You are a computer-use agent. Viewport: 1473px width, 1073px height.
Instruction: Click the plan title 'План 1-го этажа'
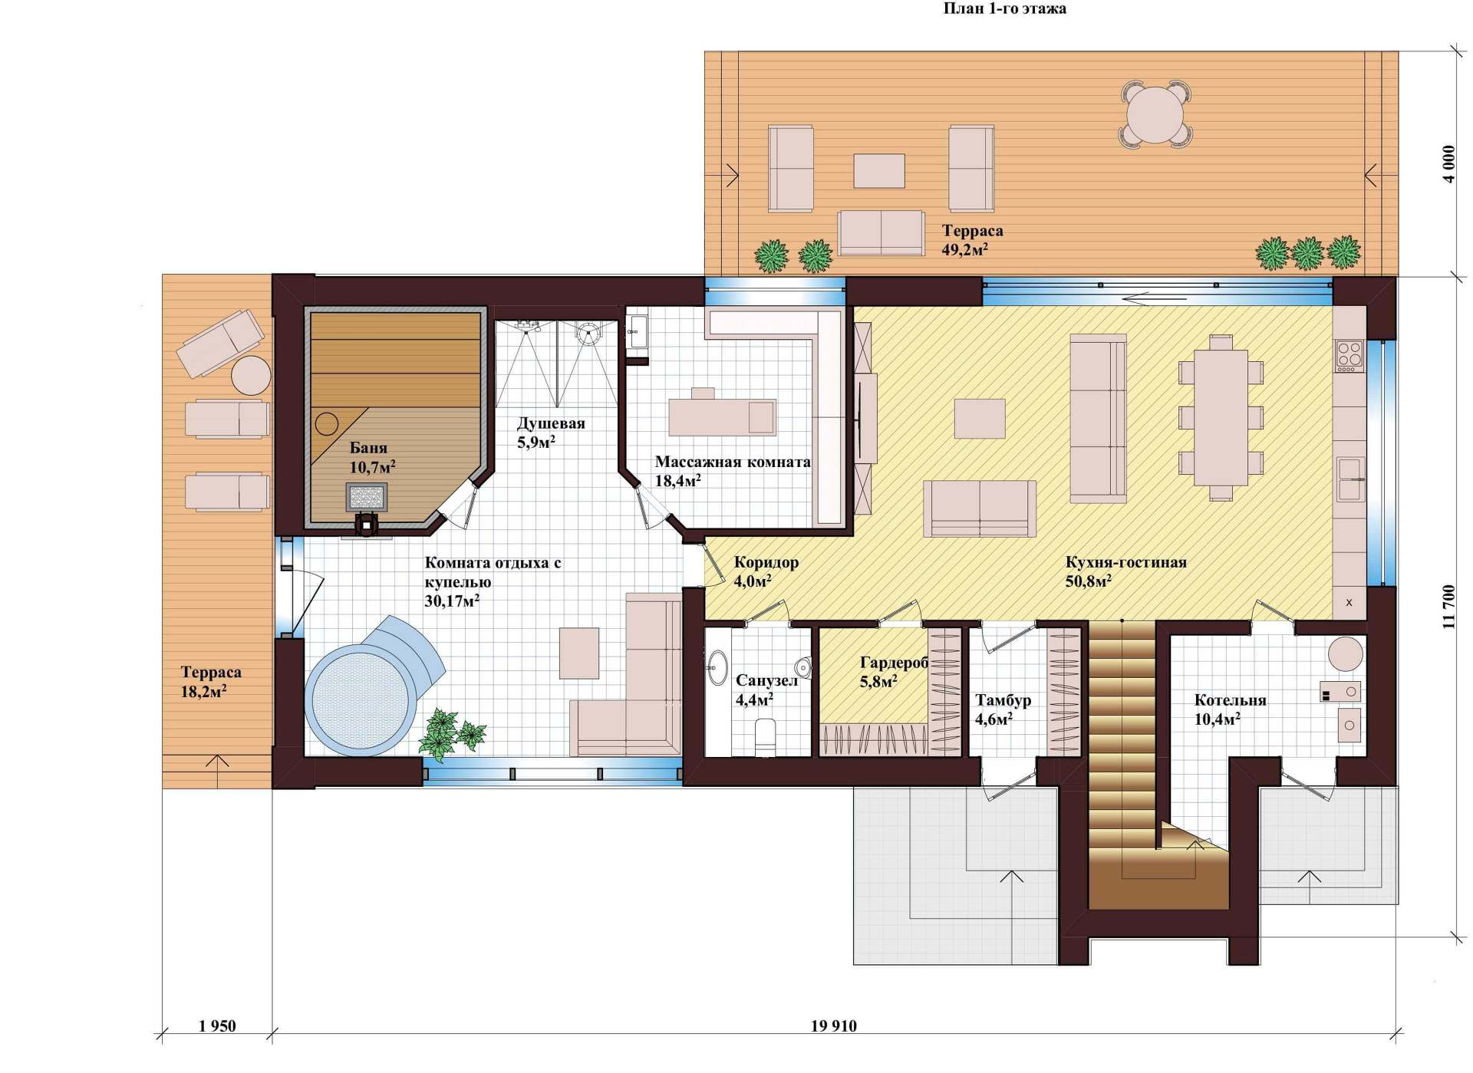coord(1004,9)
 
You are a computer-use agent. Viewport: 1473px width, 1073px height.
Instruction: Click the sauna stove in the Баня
coord(366,497)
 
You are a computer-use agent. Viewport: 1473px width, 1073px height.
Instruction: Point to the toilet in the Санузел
coord(766,736)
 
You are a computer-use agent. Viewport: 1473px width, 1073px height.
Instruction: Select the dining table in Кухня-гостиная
coord(1220,417)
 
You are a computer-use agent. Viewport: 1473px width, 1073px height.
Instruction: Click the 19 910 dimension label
coord(833,1025)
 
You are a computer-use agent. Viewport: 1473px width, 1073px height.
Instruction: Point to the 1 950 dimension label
coord(217,1025)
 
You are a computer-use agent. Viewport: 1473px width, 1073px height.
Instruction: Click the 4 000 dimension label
coord(1448,164)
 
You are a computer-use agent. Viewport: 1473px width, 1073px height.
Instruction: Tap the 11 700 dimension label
coord(1448,607)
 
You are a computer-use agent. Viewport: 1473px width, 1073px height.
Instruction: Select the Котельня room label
coord(1230,700)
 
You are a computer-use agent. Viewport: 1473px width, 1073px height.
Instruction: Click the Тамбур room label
coord(1003,700)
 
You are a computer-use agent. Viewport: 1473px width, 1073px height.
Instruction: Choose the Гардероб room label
coord(895,663)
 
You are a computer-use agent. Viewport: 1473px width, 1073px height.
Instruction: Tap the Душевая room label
coord(551,423)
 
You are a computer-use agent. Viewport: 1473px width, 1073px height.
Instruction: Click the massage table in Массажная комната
coord(722,416)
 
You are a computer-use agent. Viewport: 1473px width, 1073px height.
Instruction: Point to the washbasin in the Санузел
coord(717,667)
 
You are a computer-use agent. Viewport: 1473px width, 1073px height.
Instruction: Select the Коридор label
coord(766,562)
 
